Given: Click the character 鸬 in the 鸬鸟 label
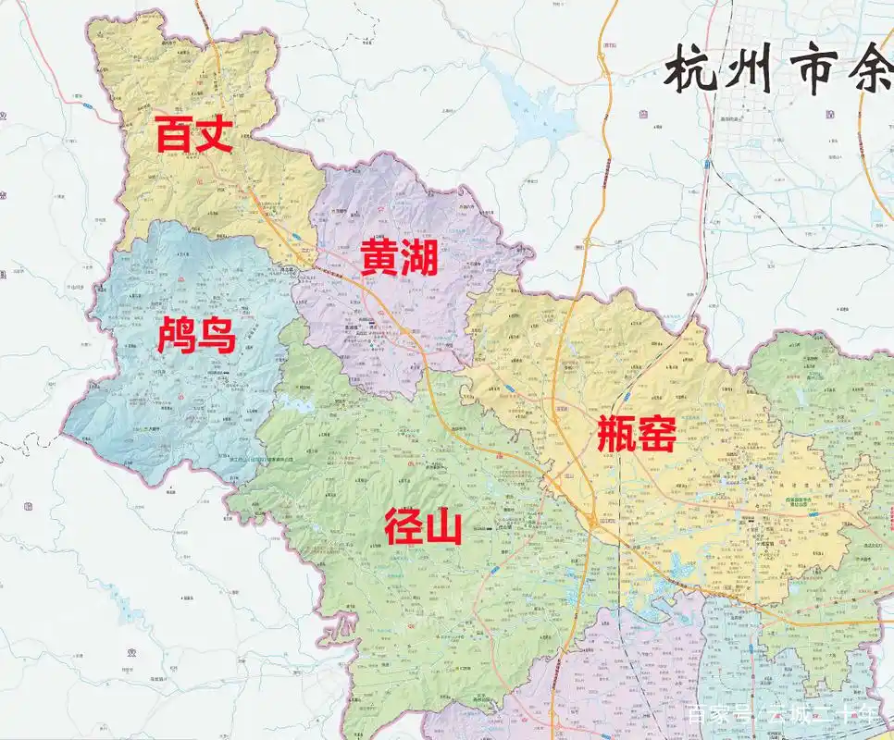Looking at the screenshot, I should [176, 336].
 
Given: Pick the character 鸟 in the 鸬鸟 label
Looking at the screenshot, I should [216, 336].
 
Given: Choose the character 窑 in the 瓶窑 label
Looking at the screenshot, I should [657, 434].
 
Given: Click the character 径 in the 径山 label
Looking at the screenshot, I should [403, 528].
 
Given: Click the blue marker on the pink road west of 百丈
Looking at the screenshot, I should [86, 107].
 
